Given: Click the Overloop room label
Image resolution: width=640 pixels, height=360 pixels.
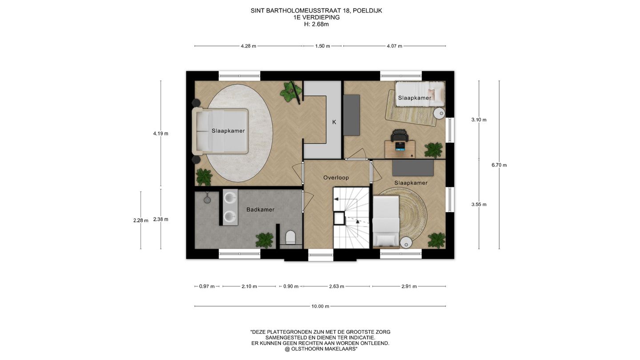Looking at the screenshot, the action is coord(336,178).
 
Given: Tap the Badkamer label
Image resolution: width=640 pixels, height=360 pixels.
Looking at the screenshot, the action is coord(260,210).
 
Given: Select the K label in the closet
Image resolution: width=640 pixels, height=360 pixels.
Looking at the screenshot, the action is coord(334,122).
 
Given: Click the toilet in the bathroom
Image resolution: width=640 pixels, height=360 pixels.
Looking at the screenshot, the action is coord(290,237).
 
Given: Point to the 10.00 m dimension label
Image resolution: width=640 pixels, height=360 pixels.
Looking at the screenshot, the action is coord(320,306).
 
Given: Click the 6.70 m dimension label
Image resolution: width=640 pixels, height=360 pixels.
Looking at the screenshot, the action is coord(499,165).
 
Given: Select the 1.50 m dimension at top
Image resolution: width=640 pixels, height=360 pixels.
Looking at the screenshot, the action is coord(323,46).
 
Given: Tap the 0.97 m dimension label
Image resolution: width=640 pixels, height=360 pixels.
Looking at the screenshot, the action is coord(207,286).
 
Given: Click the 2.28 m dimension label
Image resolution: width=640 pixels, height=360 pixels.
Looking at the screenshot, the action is coord(141,220).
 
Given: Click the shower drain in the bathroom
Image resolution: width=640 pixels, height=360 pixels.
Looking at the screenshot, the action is coord(207,200).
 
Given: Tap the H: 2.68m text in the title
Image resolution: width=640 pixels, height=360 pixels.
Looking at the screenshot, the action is coord(316,24).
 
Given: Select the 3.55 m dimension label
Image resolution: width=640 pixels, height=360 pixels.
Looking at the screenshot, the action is coord(479,204).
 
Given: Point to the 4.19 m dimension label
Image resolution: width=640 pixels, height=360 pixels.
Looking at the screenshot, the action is coord(160,133).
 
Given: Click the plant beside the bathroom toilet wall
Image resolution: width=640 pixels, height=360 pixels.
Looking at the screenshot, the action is coord(264,240).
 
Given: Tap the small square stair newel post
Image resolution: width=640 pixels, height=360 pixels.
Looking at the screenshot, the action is coord(339,219).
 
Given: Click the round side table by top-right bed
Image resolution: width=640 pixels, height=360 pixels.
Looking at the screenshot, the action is coord(439,113).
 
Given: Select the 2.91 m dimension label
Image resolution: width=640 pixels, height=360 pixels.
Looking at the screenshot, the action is coord(409,286).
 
